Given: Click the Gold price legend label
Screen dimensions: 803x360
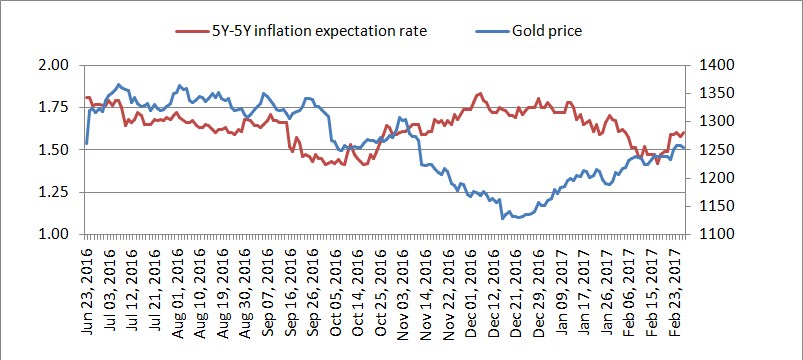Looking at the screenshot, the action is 546,31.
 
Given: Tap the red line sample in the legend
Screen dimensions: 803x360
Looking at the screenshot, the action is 191,31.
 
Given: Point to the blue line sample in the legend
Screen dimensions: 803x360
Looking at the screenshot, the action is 493,31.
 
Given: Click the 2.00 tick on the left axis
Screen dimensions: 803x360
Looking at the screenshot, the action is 54,65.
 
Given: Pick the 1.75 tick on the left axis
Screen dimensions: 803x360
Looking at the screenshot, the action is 54,107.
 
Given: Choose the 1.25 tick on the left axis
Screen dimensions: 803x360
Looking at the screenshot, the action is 54,192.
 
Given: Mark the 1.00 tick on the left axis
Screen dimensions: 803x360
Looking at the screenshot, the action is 54,235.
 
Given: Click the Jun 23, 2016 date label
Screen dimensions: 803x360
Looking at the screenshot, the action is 87,291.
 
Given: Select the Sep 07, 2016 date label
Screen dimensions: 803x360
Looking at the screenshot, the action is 267,291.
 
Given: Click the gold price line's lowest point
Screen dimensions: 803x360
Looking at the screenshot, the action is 502,219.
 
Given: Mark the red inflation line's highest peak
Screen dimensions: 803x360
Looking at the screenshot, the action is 480,93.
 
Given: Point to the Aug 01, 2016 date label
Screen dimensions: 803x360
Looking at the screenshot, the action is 177,291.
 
